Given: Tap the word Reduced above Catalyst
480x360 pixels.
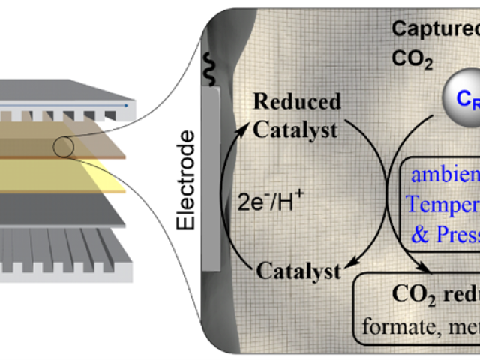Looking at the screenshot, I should pos(297,101).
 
